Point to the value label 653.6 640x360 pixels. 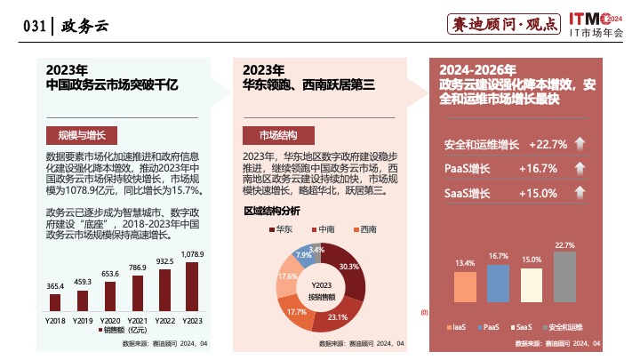pos(110,274)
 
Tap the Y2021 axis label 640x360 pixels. pos(138,318)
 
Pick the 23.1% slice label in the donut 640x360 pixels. pos(337,316)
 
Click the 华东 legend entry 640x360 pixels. pos(282,229)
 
